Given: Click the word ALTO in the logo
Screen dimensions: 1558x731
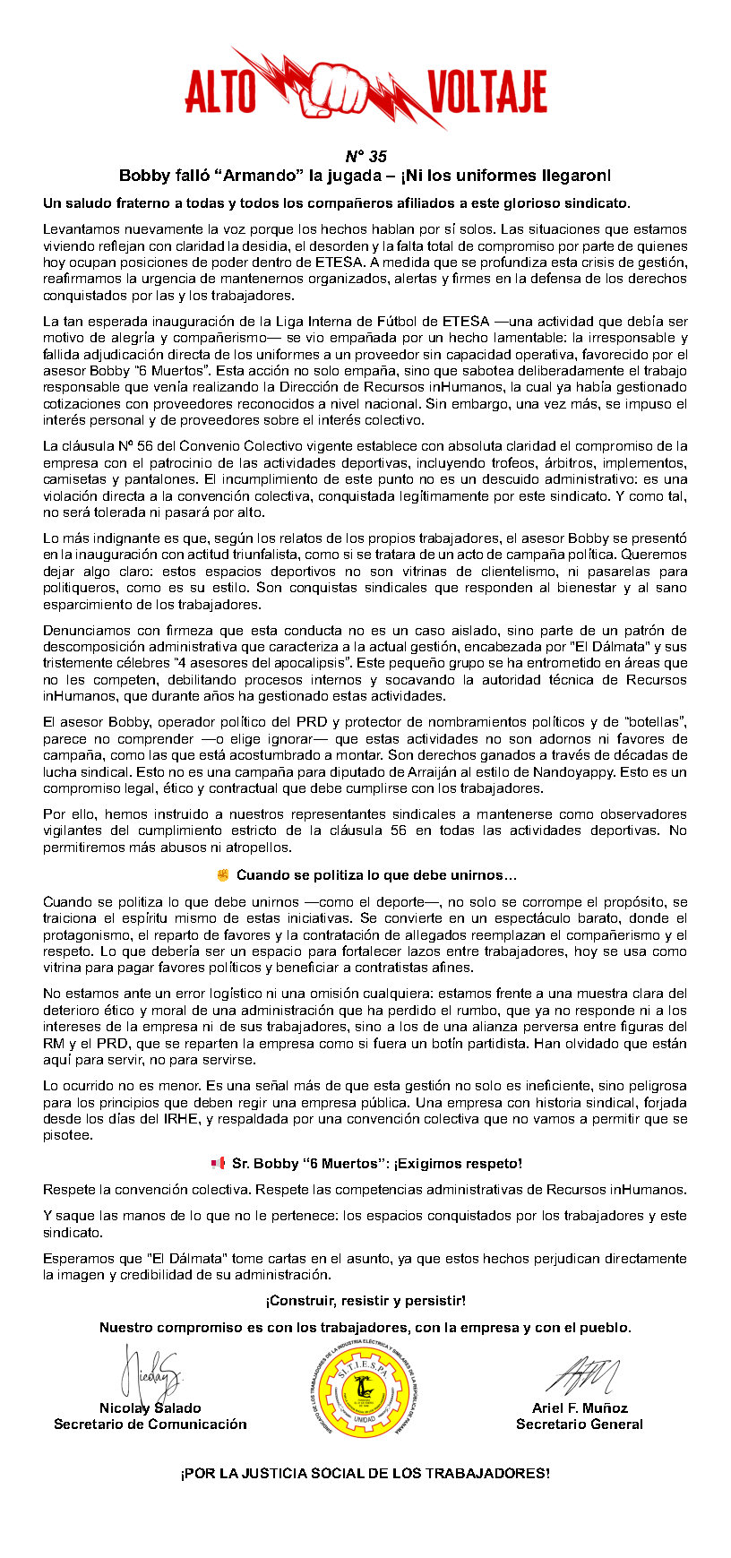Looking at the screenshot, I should (x=220, y=93).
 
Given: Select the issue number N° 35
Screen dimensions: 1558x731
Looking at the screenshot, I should (x=365, y=156).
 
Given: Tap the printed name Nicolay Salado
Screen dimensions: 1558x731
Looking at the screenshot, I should (x=150, y=1407).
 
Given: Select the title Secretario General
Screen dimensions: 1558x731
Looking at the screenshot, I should (x=579, y=1424).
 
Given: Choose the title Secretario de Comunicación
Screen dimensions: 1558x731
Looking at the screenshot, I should (x=150, y=1424).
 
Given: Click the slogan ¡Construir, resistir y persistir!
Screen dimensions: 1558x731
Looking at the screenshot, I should (x=365, y=1300).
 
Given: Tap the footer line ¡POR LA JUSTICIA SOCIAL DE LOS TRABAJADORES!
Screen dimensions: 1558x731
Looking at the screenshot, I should (x=365, y=1473).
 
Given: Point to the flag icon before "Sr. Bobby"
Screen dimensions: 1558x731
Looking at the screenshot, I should (x=217, y=1163).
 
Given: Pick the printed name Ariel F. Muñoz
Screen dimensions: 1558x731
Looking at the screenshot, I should (x=580, y=1407).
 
